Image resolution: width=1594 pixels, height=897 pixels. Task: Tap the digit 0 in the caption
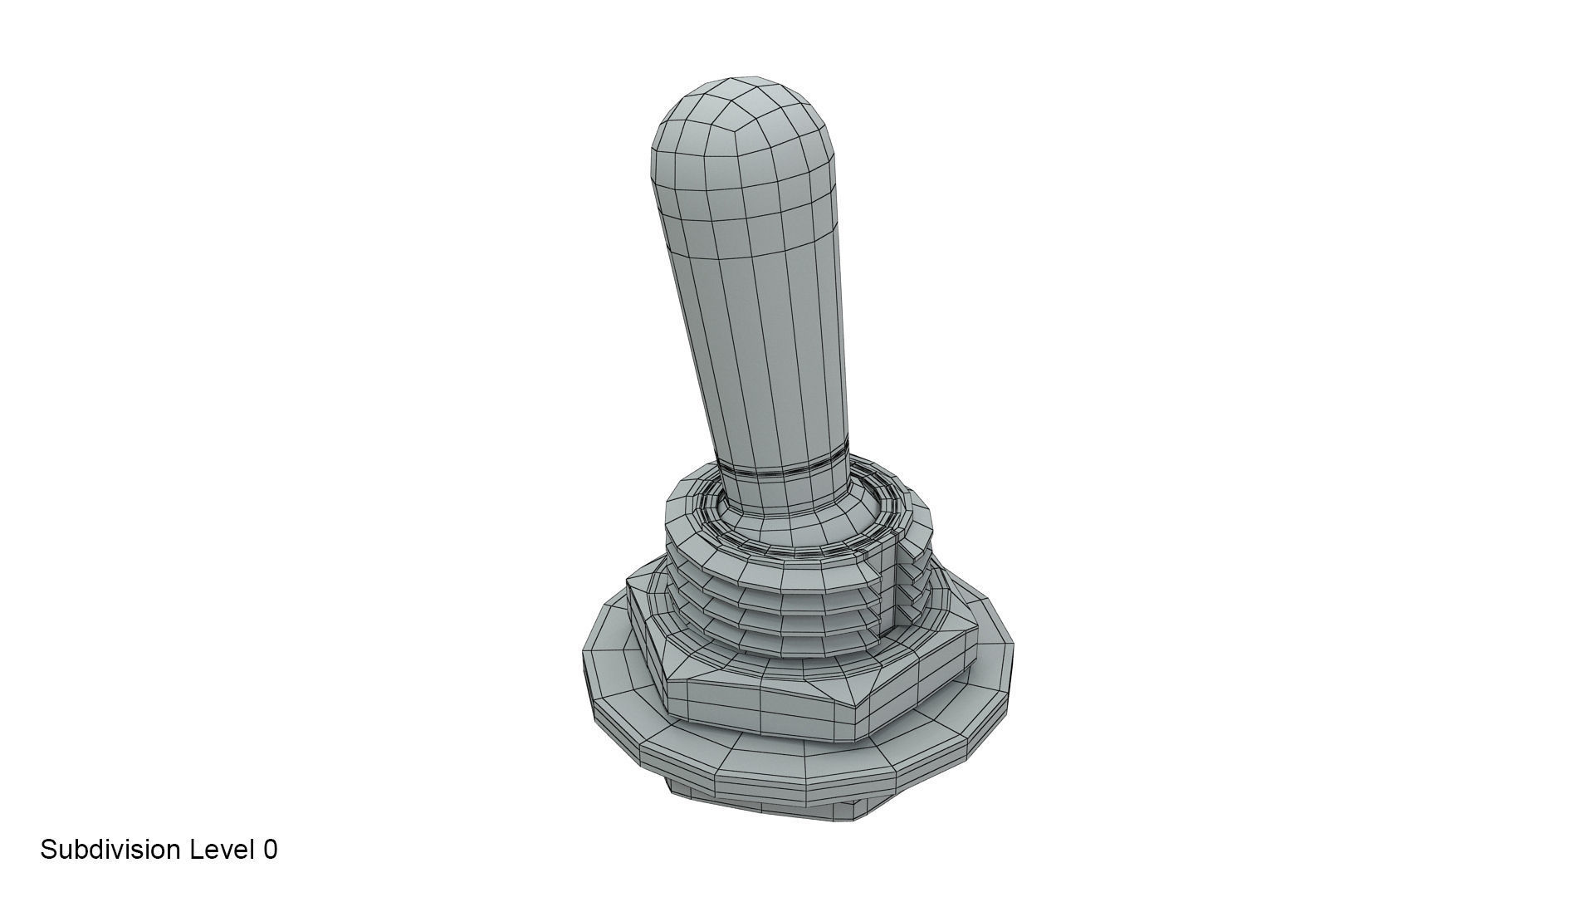click(270, 850)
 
